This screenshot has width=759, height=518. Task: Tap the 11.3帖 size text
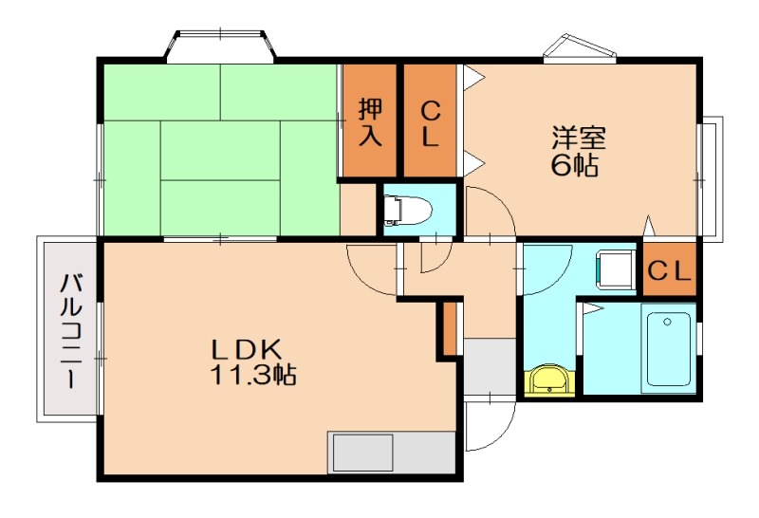tap(252, 375)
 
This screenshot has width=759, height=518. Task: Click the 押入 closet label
tap(370, 121)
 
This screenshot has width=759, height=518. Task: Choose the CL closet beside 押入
tap(430, 121)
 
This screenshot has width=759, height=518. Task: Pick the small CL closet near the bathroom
tap(671, 270)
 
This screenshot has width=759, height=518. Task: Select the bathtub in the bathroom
tap(669, 346)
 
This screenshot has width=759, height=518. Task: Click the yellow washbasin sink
tap(549, 381)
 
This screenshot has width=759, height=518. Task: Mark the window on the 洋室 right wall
tap(710, 178)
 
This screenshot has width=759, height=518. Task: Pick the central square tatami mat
tap(220, 149)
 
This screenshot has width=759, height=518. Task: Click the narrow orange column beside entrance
tap(450, 328)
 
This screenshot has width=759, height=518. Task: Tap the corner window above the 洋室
tap(581, 48)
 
